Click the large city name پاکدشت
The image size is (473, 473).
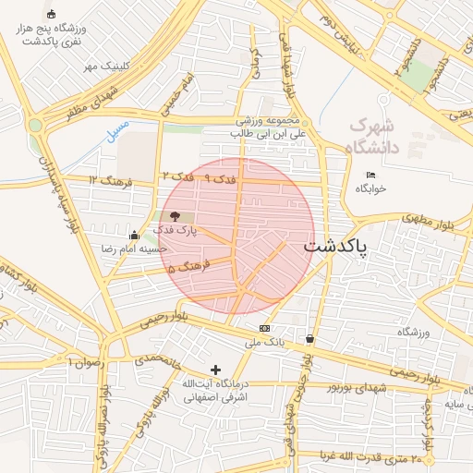click(x=336, y=247)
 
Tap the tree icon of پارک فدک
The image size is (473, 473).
click(x=176, y=215)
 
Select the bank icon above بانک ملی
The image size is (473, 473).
click(x=265, y=328)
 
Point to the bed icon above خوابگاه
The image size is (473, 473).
click(x=371, y=176)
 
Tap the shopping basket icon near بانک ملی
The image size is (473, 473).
click(x=309, y=338)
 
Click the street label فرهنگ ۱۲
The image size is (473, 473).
click(x=111, y=181)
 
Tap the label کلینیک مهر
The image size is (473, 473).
click(x=103, y=67)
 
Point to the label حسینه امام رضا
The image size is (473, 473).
click(x=135, y=249)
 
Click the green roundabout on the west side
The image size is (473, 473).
click(x=36, y=125)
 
